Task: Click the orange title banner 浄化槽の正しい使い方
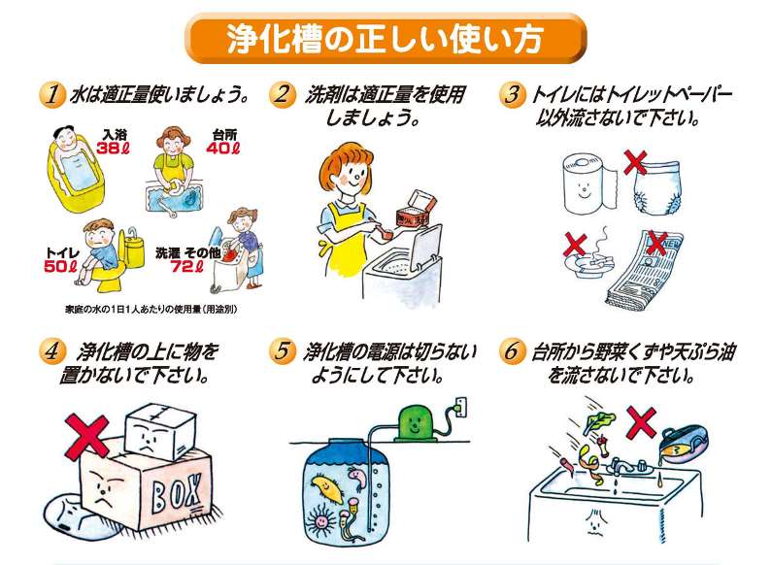click(x=385, y=38)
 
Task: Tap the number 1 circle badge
click(x=50, y=96)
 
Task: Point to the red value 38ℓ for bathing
click(x=113, y=149)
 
